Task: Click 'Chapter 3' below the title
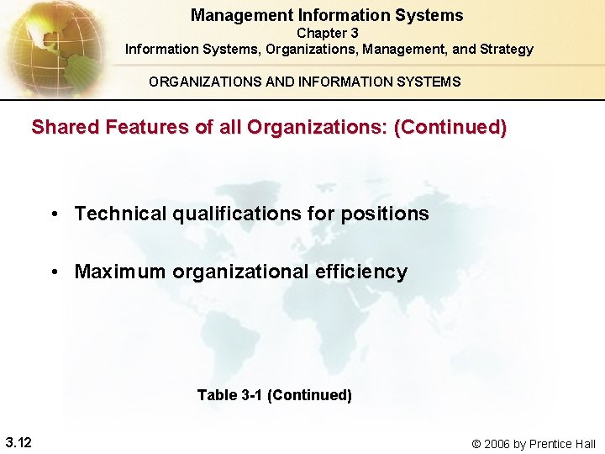[328, 33]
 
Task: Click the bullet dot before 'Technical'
[53, 214]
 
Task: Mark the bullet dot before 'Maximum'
[53, 272]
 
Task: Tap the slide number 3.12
[18, 442]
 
